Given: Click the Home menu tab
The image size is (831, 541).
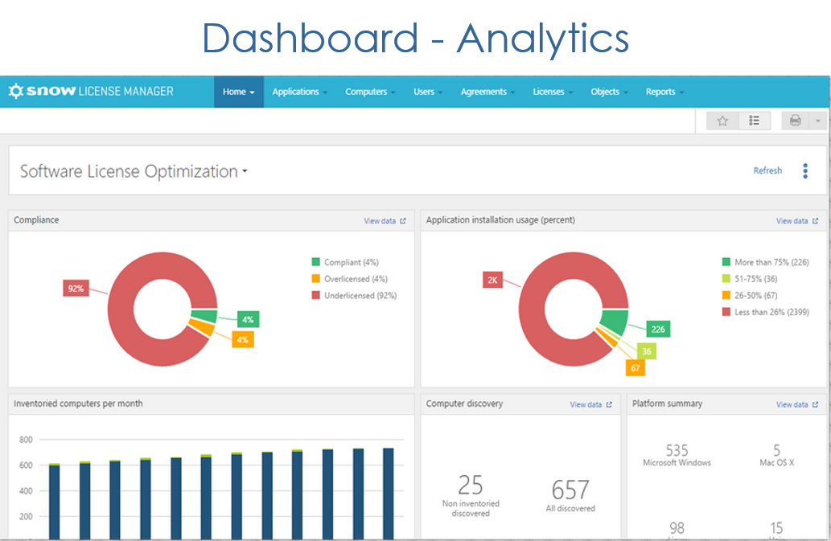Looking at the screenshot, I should [x=238, y=92].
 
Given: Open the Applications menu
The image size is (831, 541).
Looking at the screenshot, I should [x=296, y=92].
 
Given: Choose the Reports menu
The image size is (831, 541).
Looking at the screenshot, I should [x=660, y=92].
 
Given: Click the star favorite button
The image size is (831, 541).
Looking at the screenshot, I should [x=722, y=121].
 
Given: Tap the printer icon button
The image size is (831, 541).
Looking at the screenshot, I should [x=796, y=121].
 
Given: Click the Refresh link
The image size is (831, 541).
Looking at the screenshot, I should [x=767, y=170].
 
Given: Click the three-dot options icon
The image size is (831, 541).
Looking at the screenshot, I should [x=805, y=170].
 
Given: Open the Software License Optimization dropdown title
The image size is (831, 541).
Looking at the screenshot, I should [x=134, y=171].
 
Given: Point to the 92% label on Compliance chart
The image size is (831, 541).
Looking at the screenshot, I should [x=75, y=288].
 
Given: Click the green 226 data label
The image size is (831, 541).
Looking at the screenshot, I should [x=658, y=329].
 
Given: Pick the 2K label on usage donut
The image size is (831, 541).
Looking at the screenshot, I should [x=492, y=280].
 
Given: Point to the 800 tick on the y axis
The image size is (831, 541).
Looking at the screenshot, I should [x=26, y=440].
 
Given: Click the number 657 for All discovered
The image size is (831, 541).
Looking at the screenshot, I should [x=570, y=489].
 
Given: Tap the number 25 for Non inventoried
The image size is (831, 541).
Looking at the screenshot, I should [x=471, y=485].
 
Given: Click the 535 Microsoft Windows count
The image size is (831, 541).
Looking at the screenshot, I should [x=677, y=450].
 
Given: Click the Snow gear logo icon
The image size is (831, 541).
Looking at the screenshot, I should [x=16, y=92].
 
